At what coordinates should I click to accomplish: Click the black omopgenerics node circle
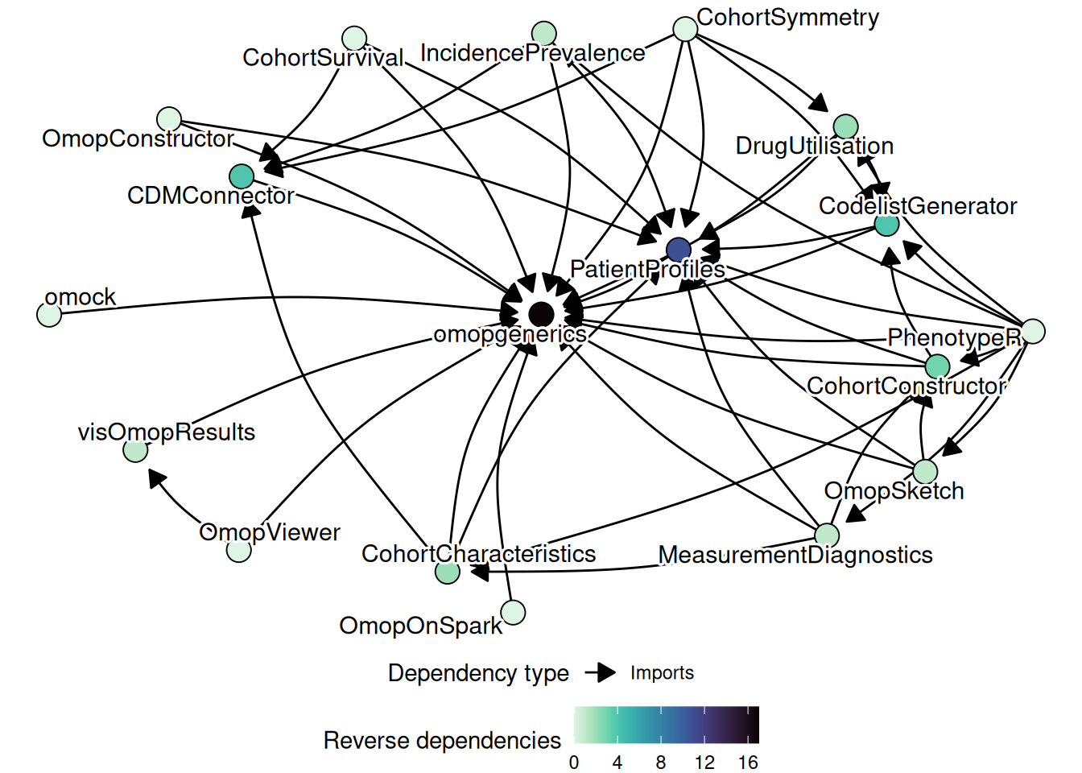pyautogui.click(x=541, y=313)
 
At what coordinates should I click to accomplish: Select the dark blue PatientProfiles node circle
pyautogui.click(x=679, y=250)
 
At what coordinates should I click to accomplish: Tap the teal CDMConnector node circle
pyautogui.click(x=242, y=176)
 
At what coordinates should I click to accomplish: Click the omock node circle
pyautogui.click(x=50, y=314)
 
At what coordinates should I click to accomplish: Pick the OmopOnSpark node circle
pyautogui.click(x=513, y=612)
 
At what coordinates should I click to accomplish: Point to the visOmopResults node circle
pyautogui.click(x=135, y=450)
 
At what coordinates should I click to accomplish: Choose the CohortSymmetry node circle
pyautogui.click(x=685, y=29)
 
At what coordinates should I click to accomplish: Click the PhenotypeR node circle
pyautogui.click(x=1034, y=331)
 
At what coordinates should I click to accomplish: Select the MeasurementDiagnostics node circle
pyautogui.click(x=827, y=535)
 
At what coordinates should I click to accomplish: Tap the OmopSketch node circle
pyautogui.click(x=926, y=471)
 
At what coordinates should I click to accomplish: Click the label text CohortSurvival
pyautogui.click(x=324, y=58)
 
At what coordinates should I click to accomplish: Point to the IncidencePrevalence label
pyautogui.click(x=533, y=53)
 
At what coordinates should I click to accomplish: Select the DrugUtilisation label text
pyautogui.click(x=815, y=146)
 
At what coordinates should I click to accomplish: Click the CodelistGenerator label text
pyautogui.click(x=918, y=206)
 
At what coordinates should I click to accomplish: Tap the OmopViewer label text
pyautogui.click(x=270, y=532)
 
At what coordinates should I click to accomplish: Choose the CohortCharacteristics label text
pyautogui.click(x=479, y=554)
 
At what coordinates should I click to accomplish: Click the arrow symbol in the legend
pyautogui.click(x=601, y=672)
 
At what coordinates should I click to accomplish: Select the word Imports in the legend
pyautogui.click(x=662, y=672)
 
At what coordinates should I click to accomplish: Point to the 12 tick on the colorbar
pyautogui.click(x=704, y=763)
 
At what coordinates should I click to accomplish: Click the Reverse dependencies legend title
pyautogui.click(x=442, y=740)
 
